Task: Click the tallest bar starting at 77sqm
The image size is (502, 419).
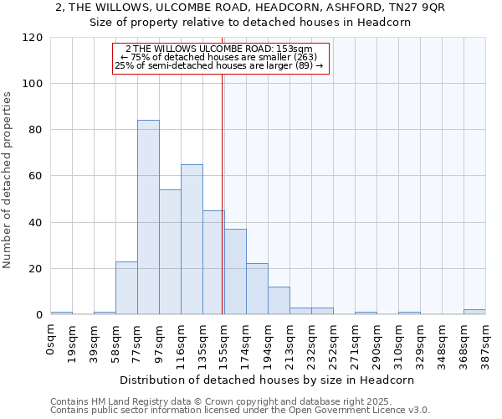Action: tap(148, 218)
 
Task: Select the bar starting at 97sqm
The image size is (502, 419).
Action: tap(170, 252)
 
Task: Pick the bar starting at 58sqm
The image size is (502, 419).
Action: tap(126, 288)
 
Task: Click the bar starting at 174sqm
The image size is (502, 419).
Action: tap(235, 272)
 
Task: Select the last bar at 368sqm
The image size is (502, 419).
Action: tap(474, 313)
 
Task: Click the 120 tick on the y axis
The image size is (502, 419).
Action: tap(33, 38)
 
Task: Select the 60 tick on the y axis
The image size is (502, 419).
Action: tap(36, 177)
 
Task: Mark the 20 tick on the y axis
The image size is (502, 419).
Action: tap(36, 269)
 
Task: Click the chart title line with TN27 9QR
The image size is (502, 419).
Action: tap(250, 8)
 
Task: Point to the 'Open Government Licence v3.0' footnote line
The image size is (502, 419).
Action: tap(240, 411)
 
